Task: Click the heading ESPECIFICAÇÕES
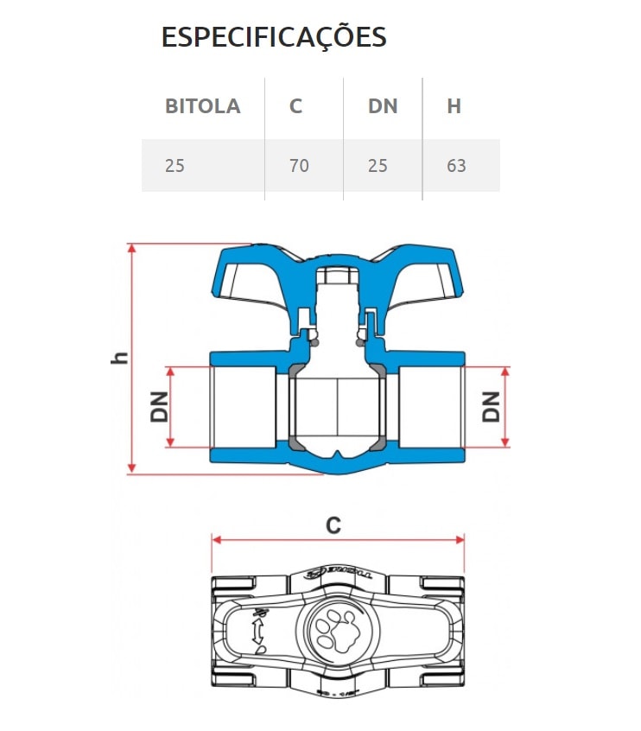point(274,37)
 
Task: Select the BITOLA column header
point(202,106)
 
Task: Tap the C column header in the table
point(296,106)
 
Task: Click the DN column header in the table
point(383,106)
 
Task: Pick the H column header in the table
point(454,106)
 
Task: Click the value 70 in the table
point(299,165)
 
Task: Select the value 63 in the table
point(456,165)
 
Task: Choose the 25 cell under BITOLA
point(175,165)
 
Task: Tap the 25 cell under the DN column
point(378,165)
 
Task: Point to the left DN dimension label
point(159,406)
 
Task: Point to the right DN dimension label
point(491,406)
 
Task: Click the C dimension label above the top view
point(333,524)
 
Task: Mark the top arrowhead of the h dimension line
point(132,249)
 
